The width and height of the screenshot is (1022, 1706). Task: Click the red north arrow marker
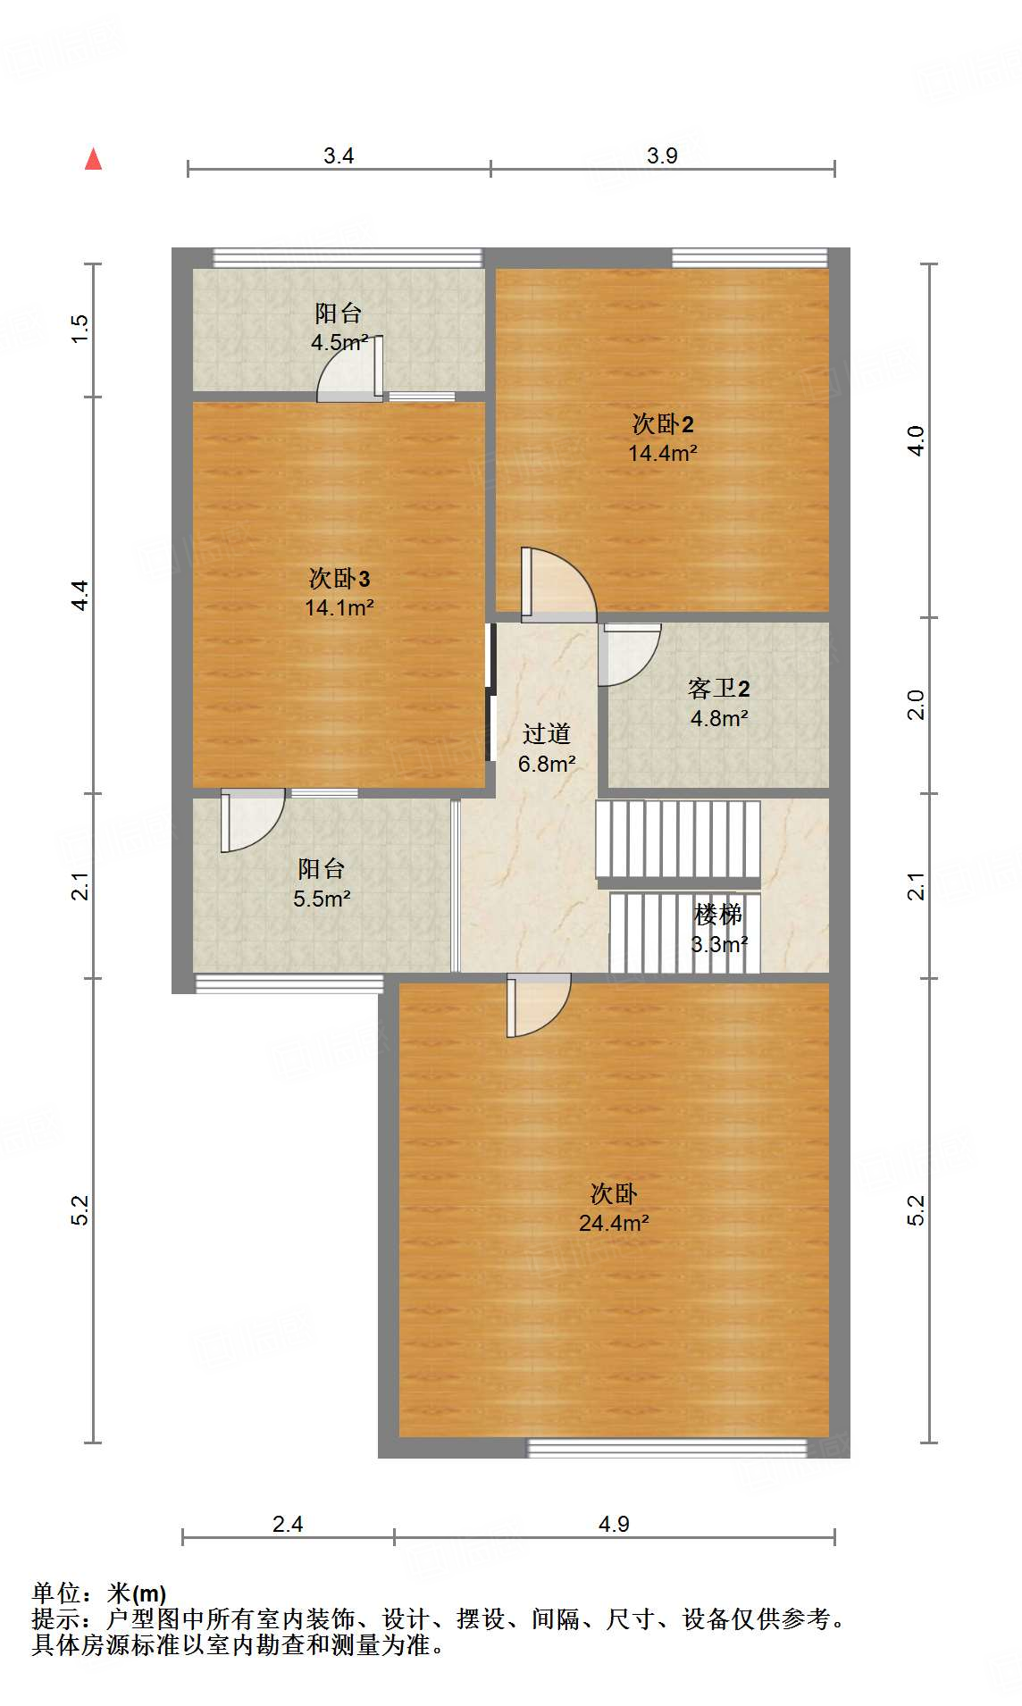[93, 159]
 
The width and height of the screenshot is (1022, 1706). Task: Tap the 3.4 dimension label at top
[339, 155]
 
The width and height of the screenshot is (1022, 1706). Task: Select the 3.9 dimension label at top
[662, 155]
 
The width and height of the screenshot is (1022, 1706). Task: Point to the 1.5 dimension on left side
[80, 329]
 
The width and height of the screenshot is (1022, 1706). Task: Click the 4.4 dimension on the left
[80, 595]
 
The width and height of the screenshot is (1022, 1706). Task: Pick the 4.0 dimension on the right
[917, 440]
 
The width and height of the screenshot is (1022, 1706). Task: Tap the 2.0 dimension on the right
[917, 705]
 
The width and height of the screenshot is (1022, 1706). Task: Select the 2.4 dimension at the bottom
[288, 1524]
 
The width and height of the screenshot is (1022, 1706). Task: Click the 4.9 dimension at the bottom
[614, 1524]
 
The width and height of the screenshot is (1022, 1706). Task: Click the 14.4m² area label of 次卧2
[662, 453]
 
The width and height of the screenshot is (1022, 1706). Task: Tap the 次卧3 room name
[339, 579]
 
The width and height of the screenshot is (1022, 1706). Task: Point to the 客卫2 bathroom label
[718, 688]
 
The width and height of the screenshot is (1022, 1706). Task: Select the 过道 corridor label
[547, 734]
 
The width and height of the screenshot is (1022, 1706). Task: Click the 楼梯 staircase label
[718, 914]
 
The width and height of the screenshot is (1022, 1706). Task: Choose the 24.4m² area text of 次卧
[614, 1223]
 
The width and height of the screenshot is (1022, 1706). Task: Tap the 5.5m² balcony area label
[322, 899]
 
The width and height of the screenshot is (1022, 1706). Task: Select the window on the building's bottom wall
[666, 1448]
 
